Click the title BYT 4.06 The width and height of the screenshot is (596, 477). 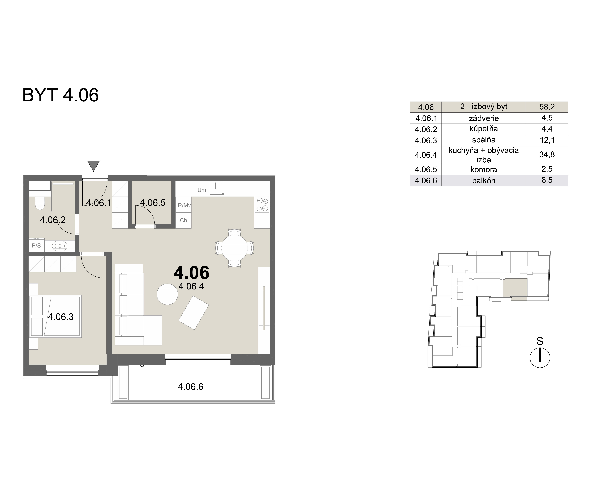coord(60,95)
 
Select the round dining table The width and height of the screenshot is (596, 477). coord(234,248)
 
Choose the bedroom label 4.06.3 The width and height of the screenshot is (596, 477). coord(61,317)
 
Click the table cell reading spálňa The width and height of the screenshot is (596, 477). coord(484,140)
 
